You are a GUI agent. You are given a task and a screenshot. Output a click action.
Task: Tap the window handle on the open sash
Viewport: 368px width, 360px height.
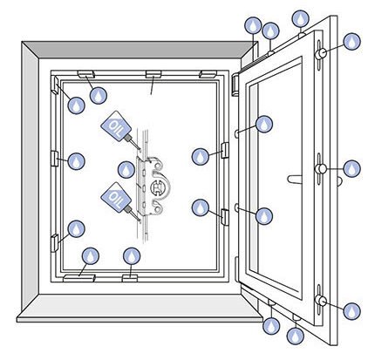(x=295, y=180)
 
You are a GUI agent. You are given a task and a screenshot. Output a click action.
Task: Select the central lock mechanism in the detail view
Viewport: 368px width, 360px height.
(x=152, y=186)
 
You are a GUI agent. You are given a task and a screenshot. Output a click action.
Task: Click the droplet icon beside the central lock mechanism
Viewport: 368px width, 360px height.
(x=126, y=170)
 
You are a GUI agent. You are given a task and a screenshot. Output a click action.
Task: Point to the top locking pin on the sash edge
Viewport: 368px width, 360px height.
(x=321, y=54)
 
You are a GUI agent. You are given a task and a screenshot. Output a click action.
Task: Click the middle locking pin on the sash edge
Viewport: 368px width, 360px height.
(x=321, y=169)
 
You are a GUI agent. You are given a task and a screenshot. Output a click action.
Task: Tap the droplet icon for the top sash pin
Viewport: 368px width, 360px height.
(x=351, y=42)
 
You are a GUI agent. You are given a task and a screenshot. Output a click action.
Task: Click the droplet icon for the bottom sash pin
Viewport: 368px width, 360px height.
(x=351, y=311)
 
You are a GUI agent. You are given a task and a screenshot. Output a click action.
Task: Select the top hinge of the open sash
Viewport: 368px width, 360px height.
(x=235, y=84)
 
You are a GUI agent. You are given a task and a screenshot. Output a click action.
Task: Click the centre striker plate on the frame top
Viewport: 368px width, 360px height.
(x=153, y=74)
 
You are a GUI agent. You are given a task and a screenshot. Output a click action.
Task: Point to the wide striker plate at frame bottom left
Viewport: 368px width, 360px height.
(x=79, y=278)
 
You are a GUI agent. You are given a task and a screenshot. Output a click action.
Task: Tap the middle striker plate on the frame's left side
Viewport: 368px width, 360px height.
(x=55, y=159)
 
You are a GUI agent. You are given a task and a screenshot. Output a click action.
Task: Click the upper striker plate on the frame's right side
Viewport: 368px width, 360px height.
(x=225, y=150)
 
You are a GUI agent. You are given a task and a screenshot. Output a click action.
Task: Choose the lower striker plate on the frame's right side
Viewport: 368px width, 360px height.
(x=225, y=217)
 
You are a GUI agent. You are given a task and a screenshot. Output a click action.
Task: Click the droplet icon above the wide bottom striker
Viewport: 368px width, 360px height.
(x=91, y=256)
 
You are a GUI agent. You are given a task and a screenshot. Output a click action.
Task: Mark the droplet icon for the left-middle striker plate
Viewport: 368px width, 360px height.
(x=76, y=161)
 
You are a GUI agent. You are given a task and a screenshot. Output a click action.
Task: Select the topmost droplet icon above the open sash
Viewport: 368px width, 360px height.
(x=300, y=19)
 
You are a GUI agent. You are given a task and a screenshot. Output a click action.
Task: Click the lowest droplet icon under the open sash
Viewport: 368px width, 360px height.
(x=296, y=336)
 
